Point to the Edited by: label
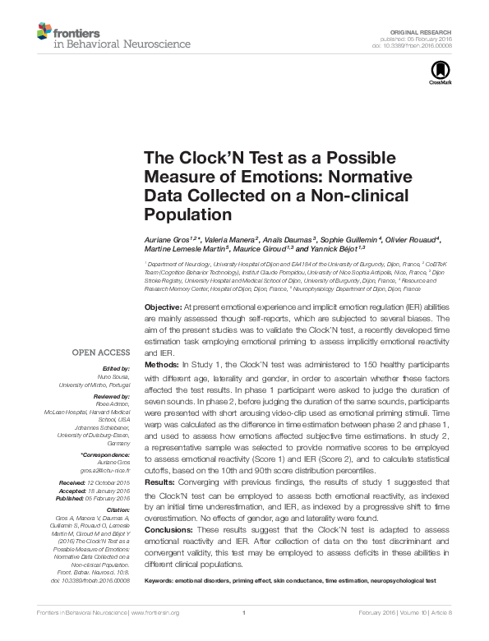pos(116,368)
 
